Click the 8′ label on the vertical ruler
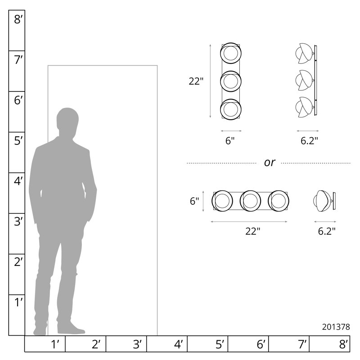pyautogui.click(x=18, y=19)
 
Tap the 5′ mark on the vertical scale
pyautogui.click(x=18, y=141)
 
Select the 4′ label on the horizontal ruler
pyautogui.click(x=178, y=344)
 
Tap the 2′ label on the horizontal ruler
pyautogui.click(x=96, y=344)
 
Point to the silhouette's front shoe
pyautogui.click(x=71, y=329)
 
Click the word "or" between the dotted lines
pyautogui.click(x=269, y=163)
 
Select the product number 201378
pyautogui.click(x=336, y=327)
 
